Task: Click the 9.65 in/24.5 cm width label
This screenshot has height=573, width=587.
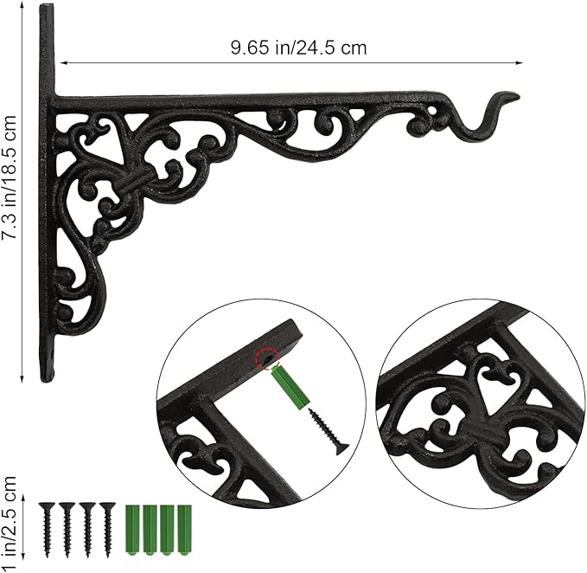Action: (298, 48)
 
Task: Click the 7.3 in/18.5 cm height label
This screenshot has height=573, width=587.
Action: (10, 177)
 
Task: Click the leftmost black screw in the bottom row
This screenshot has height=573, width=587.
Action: (48, 530)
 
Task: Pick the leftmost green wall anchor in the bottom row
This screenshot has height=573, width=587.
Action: (132, 531)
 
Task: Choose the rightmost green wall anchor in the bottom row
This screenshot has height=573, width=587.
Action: (184, 531)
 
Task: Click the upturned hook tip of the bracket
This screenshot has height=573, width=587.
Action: (518, 97)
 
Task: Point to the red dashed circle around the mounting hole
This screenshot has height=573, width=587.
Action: (268, 358)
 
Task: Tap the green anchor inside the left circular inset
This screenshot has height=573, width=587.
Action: (290, 388)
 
